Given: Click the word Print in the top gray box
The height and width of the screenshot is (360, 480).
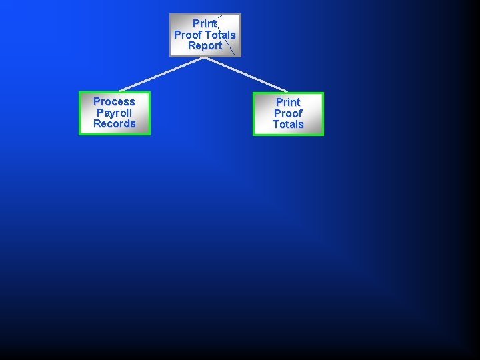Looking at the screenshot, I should (205, 23).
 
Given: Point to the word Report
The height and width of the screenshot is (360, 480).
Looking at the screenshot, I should (205, 46).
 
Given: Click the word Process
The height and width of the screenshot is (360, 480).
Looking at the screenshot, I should (114, 101).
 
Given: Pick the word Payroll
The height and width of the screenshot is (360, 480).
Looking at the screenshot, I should (114, 113).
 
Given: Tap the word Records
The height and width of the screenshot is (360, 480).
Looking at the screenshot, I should (114, 124).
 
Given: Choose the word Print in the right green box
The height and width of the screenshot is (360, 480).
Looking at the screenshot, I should (288, 102).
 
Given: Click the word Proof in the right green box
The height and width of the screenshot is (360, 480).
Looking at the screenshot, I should (288, 113).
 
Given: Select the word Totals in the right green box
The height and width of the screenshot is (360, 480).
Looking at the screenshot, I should (288, 125).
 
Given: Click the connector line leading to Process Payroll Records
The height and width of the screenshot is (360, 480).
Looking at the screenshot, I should (160, 74).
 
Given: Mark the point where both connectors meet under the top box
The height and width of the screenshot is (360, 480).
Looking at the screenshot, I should (204, 58).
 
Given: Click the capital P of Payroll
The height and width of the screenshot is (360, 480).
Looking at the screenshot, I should (100, 113).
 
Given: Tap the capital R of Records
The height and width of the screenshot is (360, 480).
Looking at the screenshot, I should (97, 124).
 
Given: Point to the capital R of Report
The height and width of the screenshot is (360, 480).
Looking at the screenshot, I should (191, 46).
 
